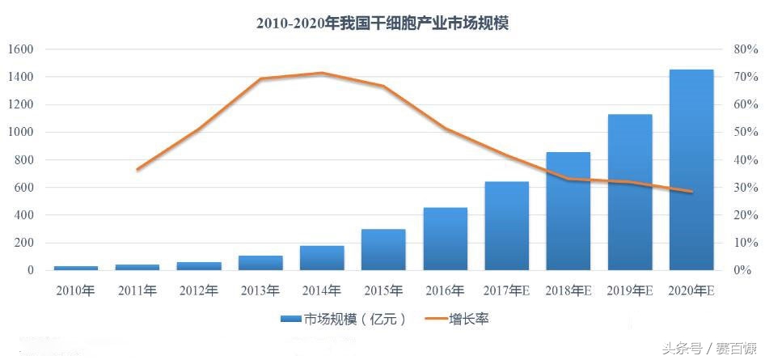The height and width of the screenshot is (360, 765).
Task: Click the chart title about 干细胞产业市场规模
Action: (x=382, y=23)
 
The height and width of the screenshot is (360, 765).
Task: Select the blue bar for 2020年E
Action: (x=691, y=170)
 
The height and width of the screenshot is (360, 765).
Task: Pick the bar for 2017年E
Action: (x=507, y=226)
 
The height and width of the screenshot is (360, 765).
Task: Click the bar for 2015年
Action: (x=383, y=250)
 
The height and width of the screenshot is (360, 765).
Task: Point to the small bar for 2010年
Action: (x=75, y=268)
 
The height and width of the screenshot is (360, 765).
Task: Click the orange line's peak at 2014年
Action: (x=322, y=73)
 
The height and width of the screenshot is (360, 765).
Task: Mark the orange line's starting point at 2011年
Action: (x=137, y=169)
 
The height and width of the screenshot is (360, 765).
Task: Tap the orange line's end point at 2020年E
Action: (x=691, y=192)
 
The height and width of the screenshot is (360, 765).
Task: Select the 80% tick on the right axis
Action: (x=745, y=49)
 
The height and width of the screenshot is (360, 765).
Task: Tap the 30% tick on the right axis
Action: (x=745, y=188)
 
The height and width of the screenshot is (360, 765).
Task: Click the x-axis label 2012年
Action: (x=199, y=290)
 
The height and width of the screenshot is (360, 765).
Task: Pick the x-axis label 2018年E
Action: (x=568, y=290)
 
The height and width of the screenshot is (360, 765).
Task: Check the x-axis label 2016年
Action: (x=445, y=290)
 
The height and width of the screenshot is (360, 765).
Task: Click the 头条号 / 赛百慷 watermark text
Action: (x=708, y=349)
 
